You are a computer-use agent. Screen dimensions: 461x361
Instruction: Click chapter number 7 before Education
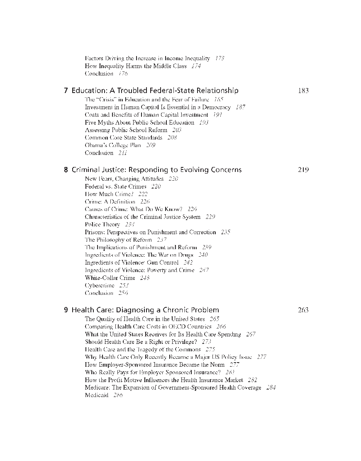66,91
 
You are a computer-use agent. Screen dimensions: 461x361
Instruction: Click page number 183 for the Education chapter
303,91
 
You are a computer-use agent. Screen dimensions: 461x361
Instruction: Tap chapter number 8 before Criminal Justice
66,170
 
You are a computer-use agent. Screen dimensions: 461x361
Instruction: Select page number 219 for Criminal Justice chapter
303,170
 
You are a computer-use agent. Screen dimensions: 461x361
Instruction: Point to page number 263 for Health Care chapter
303,310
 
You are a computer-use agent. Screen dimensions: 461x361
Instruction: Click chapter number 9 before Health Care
66,310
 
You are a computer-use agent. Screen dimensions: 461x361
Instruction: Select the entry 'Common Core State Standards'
123,137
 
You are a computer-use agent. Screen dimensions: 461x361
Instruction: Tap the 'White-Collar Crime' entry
110,278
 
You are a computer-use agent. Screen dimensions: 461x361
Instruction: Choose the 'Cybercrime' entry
100,285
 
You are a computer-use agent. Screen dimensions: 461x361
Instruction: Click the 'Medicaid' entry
97,395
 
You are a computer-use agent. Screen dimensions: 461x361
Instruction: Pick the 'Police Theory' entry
102,225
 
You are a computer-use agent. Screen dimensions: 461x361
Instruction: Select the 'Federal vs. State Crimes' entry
115,186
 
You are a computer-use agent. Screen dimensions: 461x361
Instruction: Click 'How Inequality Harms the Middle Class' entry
136,66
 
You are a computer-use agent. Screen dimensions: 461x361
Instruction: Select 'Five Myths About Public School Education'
139,123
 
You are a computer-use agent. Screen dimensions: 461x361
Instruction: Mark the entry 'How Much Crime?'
109,194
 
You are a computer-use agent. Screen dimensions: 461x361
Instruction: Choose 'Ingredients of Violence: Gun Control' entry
132,262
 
